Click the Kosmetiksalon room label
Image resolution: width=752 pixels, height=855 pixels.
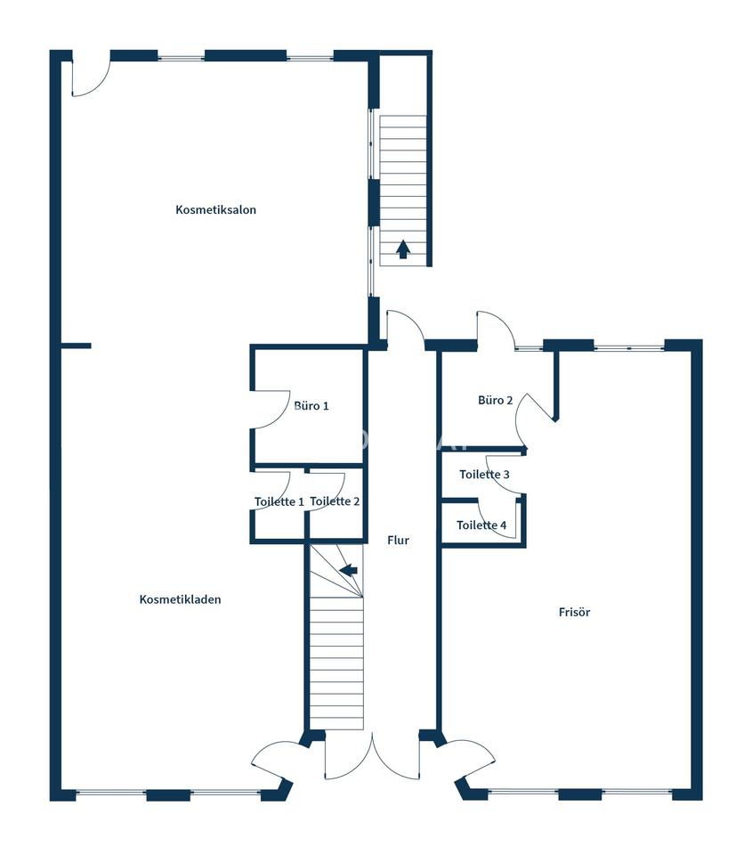click(215, 210)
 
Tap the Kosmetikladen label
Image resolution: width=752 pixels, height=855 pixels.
click(181, 599)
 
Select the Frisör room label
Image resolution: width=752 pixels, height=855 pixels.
click(574, 613)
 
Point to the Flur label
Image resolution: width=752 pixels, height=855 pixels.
click(398, 541)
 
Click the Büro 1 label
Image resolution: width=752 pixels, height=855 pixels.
click(311, 406)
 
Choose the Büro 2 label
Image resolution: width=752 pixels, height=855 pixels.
click(496, 400)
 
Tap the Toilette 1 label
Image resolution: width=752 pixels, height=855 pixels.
click(279, 501)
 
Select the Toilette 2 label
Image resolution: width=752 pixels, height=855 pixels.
click(335, 501)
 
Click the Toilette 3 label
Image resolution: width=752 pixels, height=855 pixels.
click(484, 475)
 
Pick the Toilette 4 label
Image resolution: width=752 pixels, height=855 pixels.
click(481, 525)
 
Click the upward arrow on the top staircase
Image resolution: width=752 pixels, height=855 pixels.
click(403, 249)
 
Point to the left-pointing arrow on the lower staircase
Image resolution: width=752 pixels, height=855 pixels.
click(349, 570)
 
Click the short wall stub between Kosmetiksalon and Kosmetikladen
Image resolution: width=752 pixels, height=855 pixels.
click(76, 346)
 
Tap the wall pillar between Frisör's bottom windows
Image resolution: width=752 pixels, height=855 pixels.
click(580, 794)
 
